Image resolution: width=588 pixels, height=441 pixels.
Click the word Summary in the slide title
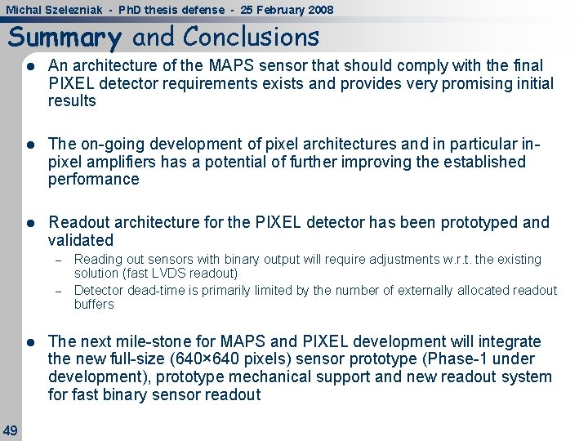pos(65,38)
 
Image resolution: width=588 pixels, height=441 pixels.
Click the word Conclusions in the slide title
pos(252,37)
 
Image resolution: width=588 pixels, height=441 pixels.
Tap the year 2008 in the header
pos(318,10)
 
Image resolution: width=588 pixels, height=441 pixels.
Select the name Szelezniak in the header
pos(74,10)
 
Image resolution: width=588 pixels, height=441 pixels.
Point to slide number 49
pos(11,430)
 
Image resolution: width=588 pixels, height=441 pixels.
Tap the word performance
pos(94,180)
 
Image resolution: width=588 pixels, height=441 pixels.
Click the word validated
pos(81,240)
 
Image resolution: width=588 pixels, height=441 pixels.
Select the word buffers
pos(94,305)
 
